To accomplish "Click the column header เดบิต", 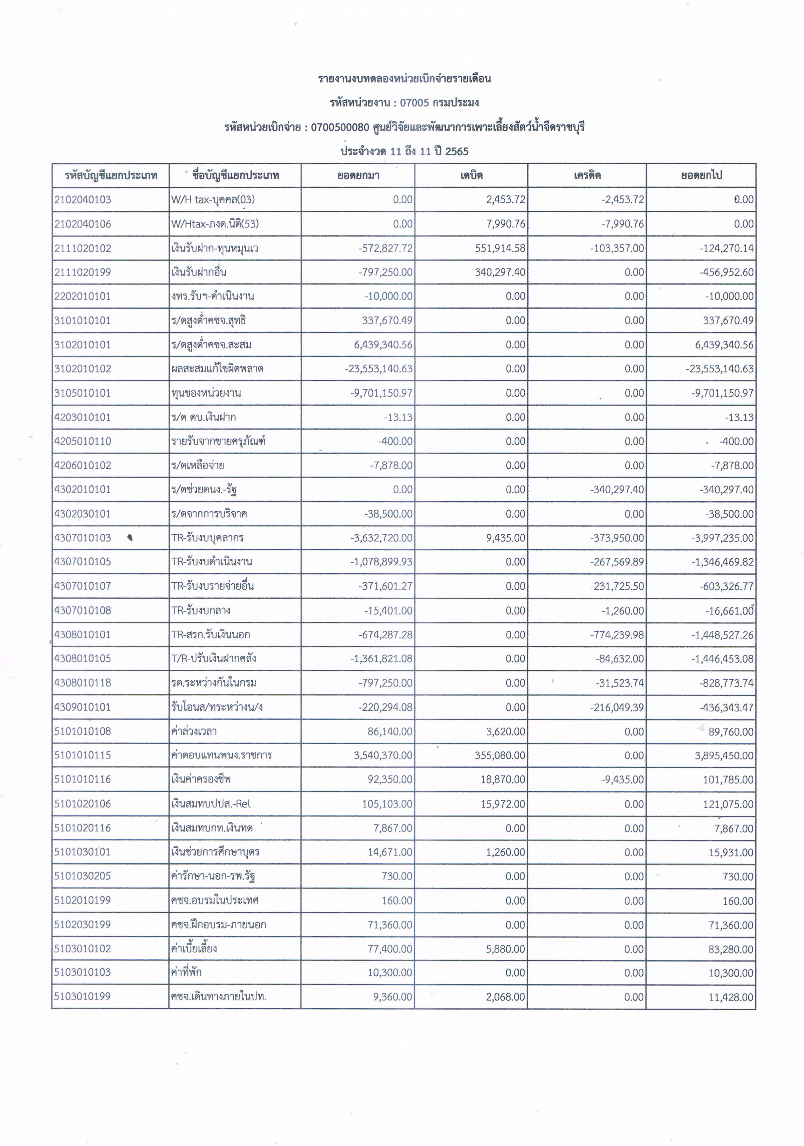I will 471,175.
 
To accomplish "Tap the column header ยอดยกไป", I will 701,175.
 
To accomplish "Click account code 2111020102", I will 83,248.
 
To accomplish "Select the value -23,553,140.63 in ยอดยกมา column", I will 378,369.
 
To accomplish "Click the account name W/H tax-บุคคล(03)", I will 213,200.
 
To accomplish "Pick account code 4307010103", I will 83,538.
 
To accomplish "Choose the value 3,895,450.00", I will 724,755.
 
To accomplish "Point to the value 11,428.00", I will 731,997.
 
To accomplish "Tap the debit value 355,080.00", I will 500,755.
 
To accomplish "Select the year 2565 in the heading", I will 457,151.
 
